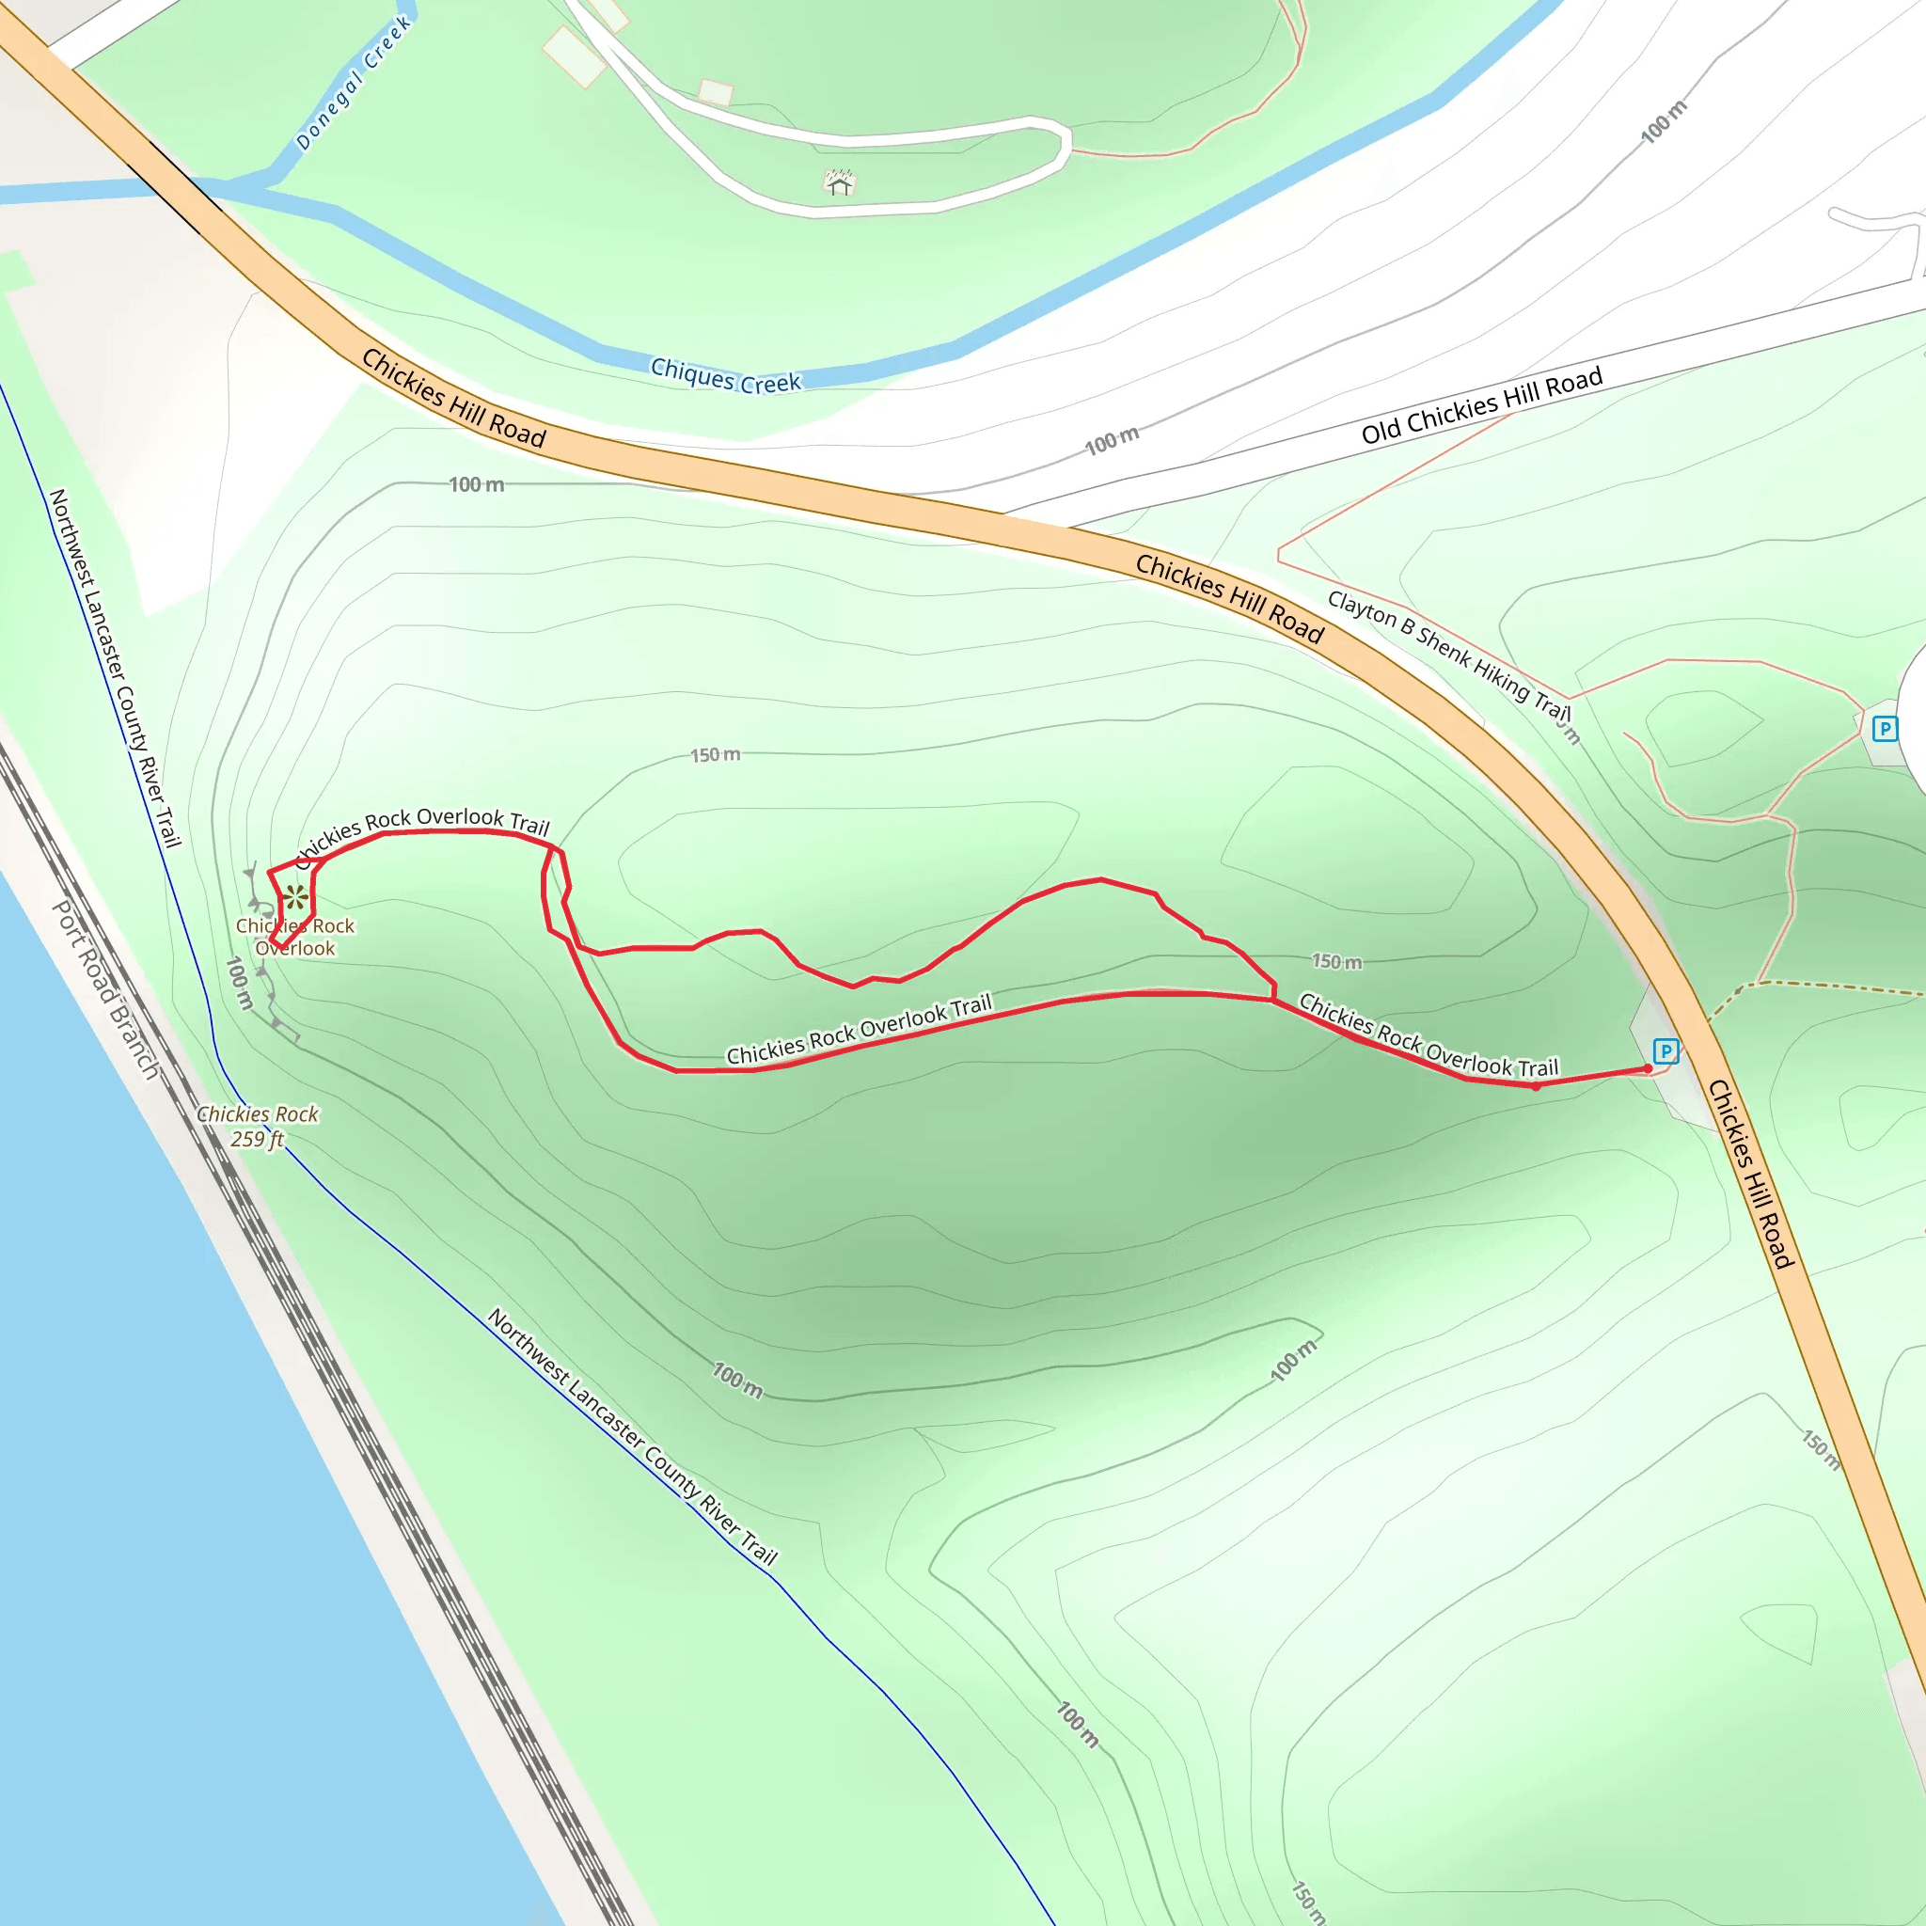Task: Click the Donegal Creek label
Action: (x=354, y=84)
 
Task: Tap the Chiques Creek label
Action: (x=725, y=376)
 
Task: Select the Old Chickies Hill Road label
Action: (x=1481, y=404)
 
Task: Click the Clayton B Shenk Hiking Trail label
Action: (x=1448, y=654)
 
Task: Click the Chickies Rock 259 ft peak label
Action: (x=257, y=1126)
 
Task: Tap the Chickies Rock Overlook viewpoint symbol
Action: (x=294, y=897)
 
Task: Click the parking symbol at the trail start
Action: (x=1665, y=1050)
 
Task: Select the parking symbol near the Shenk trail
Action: (x=1884, y=729)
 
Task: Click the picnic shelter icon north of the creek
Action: (x=840, y=182)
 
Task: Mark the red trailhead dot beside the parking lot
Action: (x=1648, y=1068)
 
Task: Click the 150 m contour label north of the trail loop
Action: (x=715, y=754)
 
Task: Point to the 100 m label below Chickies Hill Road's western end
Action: (x=476, y=484)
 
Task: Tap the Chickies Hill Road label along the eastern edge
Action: (x=1751, y=1174)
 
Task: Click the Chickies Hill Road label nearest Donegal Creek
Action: (x=452, y=398)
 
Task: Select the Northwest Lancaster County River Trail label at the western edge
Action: (x=115, y=667)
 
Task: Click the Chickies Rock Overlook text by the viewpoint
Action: (x=295, y=937)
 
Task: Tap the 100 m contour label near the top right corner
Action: (x=1664, y=120)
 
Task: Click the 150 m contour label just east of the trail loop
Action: (x=1335, y=961)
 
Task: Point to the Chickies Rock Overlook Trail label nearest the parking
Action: (x=1428, y=1036)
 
